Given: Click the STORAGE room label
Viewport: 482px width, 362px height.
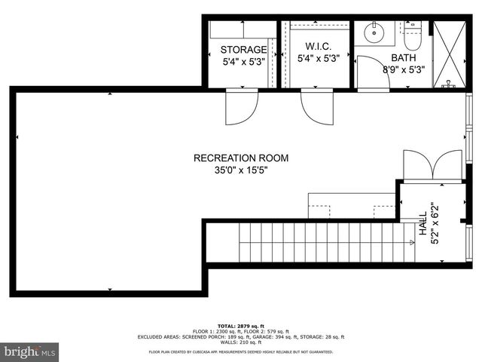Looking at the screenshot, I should [x=243, y=50].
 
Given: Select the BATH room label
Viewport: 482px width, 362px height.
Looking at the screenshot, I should [x=403, y=57].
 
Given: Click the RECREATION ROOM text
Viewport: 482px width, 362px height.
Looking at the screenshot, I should [x=241, y=158].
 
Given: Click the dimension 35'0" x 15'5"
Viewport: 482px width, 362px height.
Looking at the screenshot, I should [x=241, y=170].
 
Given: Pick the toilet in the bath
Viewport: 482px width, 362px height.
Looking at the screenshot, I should [x=411, y=34].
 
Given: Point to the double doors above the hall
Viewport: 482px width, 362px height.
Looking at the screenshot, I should [x=432, y=165].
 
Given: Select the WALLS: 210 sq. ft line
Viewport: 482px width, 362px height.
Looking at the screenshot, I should [x=241, y=342].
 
